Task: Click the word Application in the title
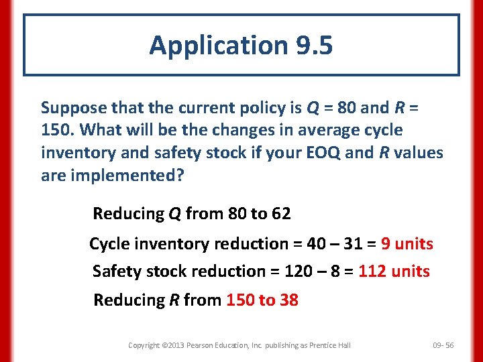point(217,45)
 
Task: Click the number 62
point(280,214)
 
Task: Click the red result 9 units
point(407,244)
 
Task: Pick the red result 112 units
point(394,271)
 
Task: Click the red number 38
point(289,300)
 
